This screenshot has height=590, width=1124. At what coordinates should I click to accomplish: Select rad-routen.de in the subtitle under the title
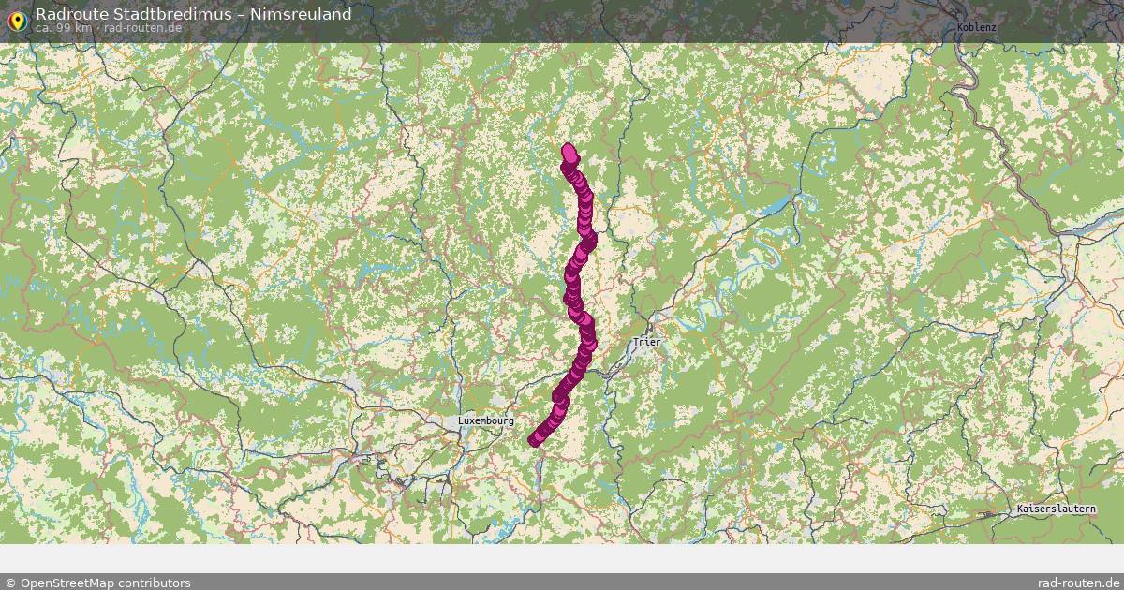click(142, 28)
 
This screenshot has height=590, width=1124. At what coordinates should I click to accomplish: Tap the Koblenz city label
click(976, 27)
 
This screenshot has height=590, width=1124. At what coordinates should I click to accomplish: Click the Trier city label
click(646, 342)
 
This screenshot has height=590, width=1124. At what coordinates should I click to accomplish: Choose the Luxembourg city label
click(485, 421)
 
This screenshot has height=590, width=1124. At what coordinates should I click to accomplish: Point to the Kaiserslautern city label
click(1056, 509)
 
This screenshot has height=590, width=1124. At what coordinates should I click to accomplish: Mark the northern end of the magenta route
click(568, 149)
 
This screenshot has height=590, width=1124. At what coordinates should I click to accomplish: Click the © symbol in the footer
click(10, 583)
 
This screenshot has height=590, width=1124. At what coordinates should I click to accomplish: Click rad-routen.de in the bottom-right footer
click(1079, 583)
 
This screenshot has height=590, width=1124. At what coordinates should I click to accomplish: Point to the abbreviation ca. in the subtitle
click(44, 28)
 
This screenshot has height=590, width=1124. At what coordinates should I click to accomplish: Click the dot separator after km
click(97, 28)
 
